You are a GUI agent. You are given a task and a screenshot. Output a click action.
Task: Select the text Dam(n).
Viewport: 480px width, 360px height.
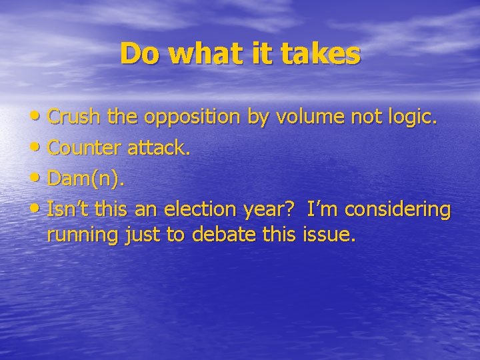86,179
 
